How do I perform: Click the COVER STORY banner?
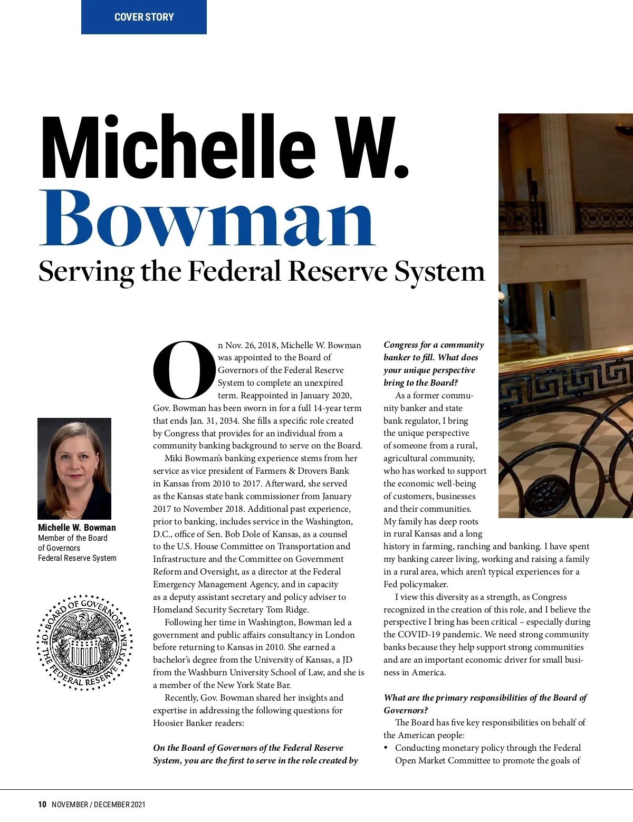144,17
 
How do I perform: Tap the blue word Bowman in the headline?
207,218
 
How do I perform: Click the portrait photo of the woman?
74,468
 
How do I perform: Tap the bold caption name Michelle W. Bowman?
77,528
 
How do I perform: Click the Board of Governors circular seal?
84,642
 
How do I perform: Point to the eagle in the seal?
83,628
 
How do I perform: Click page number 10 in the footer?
42,805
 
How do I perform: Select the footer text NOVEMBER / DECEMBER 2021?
99,805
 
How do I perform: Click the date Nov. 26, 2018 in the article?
251,346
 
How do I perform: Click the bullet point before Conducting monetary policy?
386,748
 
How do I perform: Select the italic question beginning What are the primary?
485,703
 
